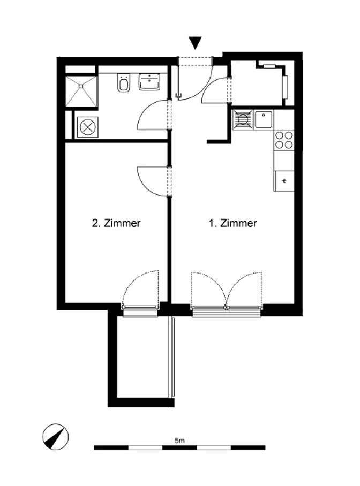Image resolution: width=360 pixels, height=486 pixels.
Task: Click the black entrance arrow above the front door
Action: [x=195, y=43]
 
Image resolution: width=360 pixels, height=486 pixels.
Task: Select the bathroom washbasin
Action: [x=149, y=82]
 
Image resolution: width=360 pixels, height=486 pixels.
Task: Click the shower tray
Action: [x=81, y=91]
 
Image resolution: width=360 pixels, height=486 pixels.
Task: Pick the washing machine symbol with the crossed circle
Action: [x=87, y=127]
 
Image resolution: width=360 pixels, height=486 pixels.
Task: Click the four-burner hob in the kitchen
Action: [x=284, y=140]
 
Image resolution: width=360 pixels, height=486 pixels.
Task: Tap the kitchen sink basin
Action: [x=264, y=120]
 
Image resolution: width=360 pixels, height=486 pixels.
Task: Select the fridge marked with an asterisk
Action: [x=284, y=181]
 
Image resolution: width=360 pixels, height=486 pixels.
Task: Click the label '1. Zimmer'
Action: [x=232, y=223]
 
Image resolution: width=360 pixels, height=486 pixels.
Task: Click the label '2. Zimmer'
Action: [x=116, y=223]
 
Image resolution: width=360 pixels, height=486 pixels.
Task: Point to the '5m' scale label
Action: [x=179, y=440]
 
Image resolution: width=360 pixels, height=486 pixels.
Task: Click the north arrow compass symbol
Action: [x=56, y=437]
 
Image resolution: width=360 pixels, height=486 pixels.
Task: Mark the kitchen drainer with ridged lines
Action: [x=243, y=120]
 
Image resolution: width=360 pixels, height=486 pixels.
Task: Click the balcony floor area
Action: [x=142, y=357]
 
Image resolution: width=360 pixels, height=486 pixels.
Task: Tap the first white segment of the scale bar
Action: [x=145, y=447]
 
